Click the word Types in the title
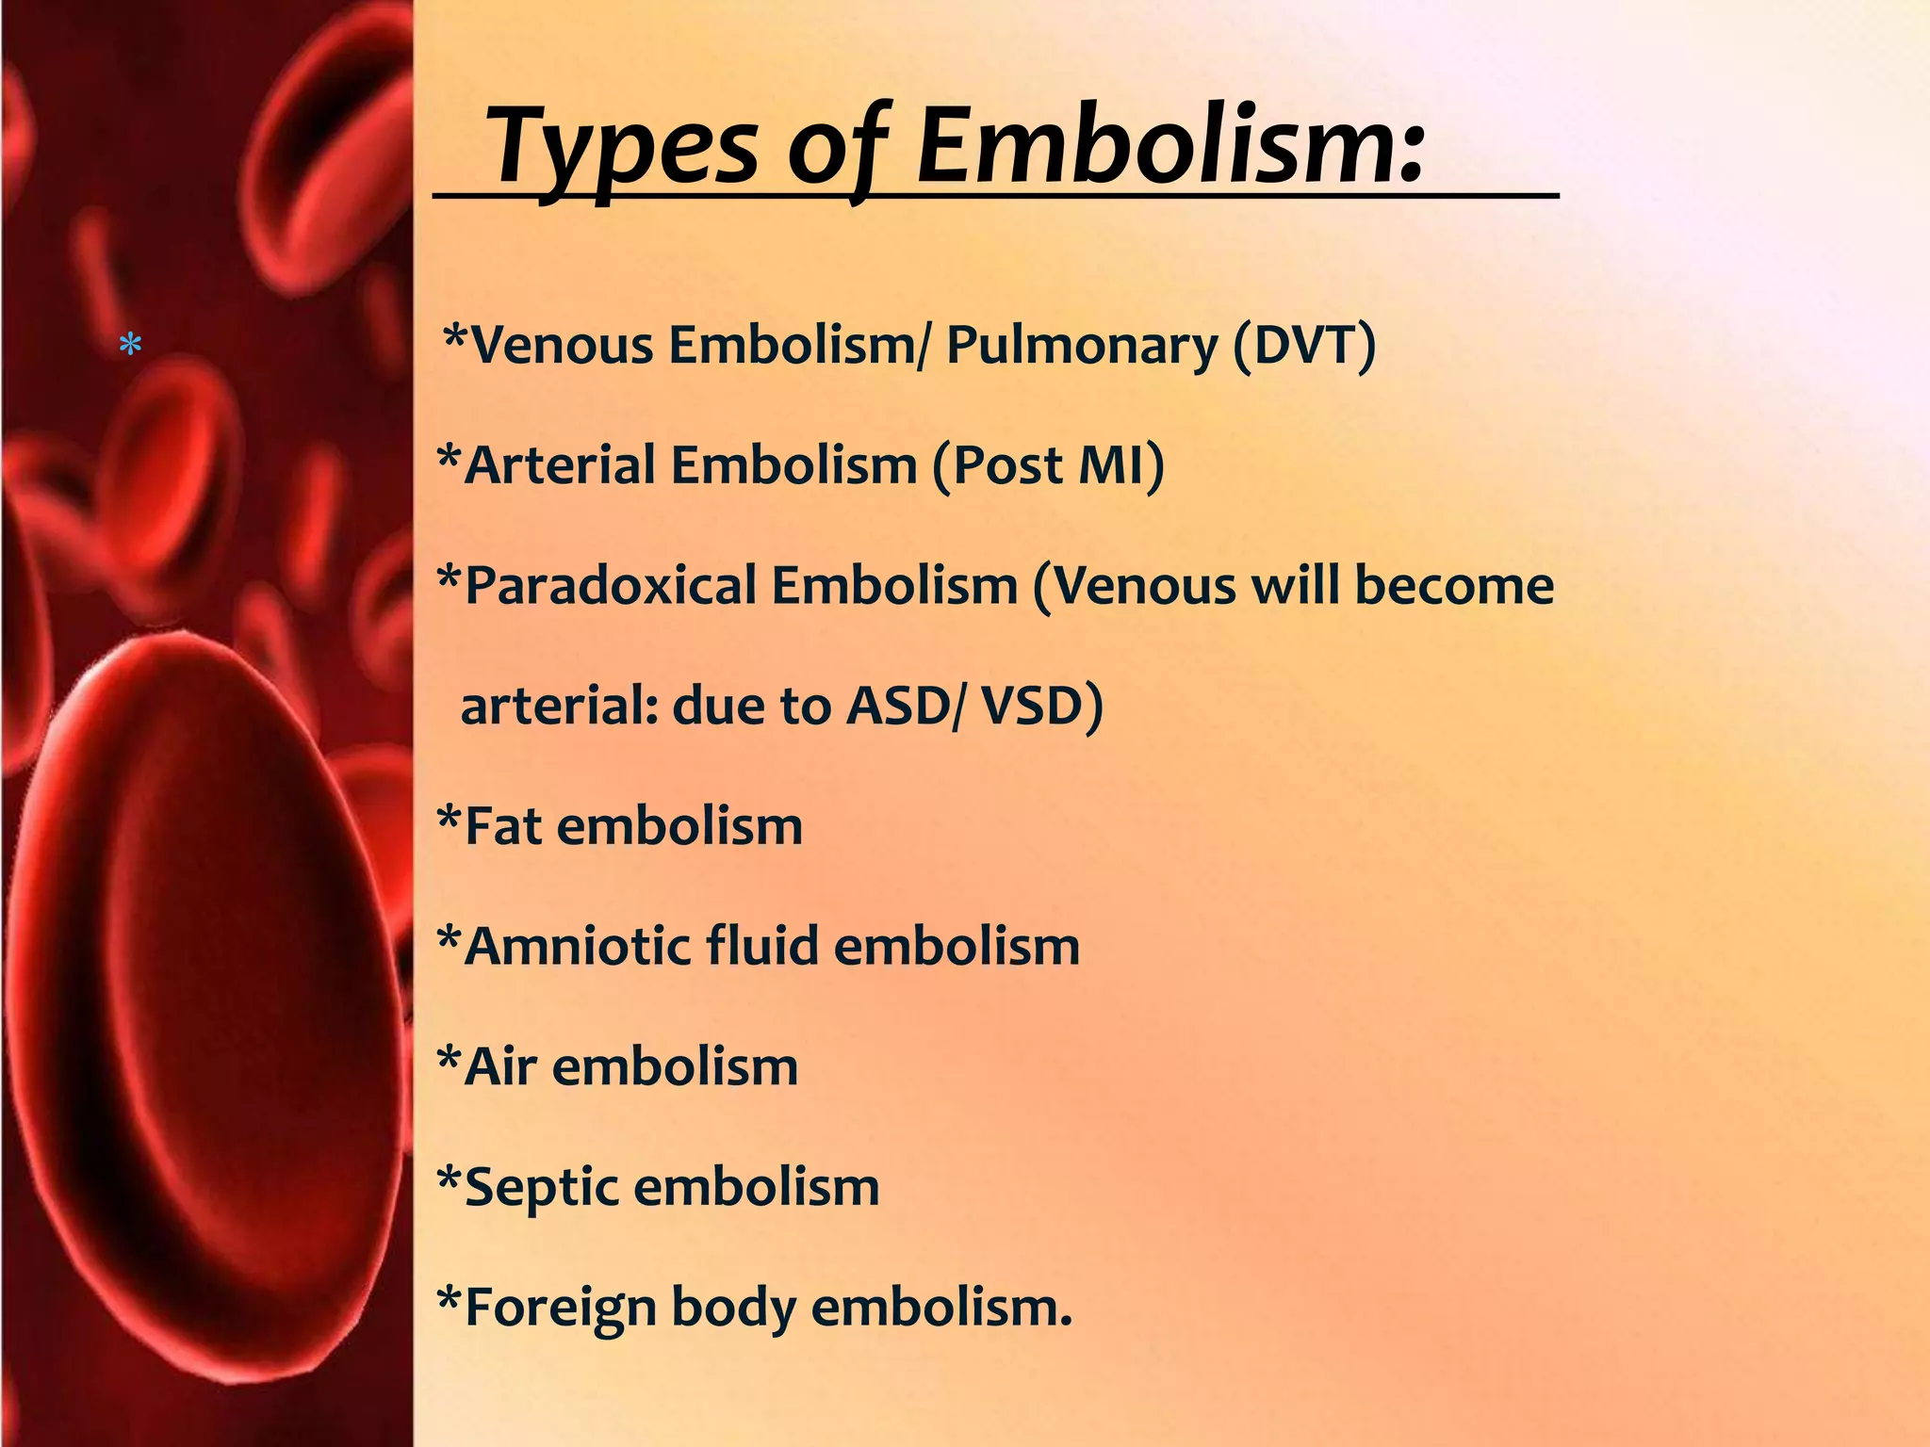(623, 146)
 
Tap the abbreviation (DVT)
(1304, 345)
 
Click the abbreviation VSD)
(1041, 706)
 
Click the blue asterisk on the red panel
(131, 346)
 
